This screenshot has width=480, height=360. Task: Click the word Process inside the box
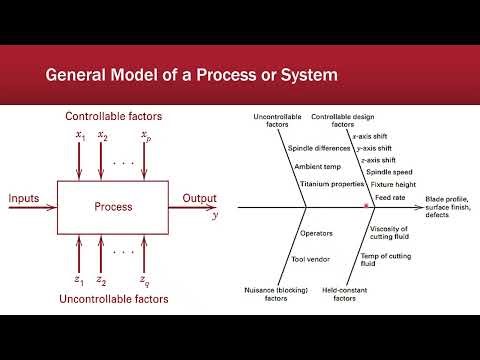click(113, 208)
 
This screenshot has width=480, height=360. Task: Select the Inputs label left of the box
click(24, 199)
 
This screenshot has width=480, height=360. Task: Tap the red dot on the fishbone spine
click(368, 205)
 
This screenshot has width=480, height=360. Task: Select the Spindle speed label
click(385, 172)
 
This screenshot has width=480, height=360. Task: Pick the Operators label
click(317, 233)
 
